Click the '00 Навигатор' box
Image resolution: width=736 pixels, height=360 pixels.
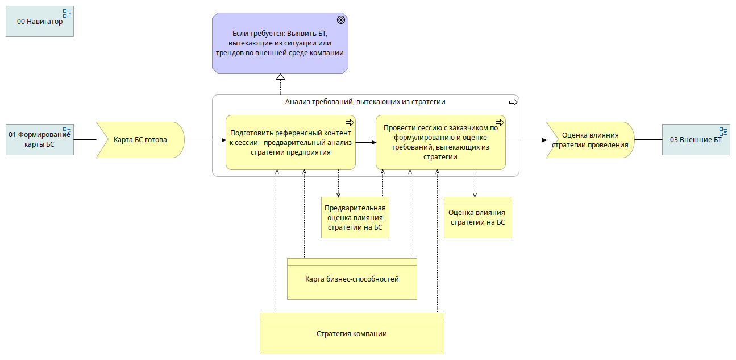coord(40,22)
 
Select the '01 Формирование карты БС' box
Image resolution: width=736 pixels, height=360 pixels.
coord(40,140)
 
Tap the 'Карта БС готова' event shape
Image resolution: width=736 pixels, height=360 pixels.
coord(140,140)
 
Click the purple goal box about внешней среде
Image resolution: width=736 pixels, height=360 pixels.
coord(280,43)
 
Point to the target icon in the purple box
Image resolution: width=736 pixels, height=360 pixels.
coord(341,20)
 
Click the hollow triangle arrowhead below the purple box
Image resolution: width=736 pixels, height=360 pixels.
coord(280,77)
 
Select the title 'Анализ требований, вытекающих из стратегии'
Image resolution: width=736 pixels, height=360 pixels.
coord(365,102)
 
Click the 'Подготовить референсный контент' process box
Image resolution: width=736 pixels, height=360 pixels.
coord(290,142)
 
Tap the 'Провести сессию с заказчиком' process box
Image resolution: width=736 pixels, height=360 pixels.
coord(440,142)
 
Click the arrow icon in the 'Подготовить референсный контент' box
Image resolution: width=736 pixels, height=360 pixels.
coord(350,123)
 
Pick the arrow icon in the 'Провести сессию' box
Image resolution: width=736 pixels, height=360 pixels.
coord(500,123)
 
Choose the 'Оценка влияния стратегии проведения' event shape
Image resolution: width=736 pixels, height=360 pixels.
coord(591,140)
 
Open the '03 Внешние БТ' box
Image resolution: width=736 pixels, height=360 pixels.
coord(696,140)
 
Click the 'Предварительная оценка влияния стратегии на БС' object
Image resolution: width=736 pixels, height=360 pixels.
coord(355,218)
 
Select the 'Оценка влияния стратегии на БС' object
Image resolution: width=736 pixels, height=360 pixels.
coord(478,218)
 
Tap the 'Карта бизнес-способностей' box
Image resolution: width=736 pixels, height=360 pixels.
coord(352,279)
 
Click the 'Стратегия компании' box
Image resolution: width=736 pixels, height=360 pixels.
coord(352,334)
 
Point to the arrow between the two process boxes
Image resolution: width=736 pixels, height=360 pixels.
coord(365,142)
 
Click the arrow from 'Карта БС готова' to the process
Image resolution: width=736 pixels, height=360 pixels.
coord(205,140)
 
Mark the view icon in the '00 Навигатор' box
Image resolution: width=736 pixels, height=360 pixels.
coord(67,13)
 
